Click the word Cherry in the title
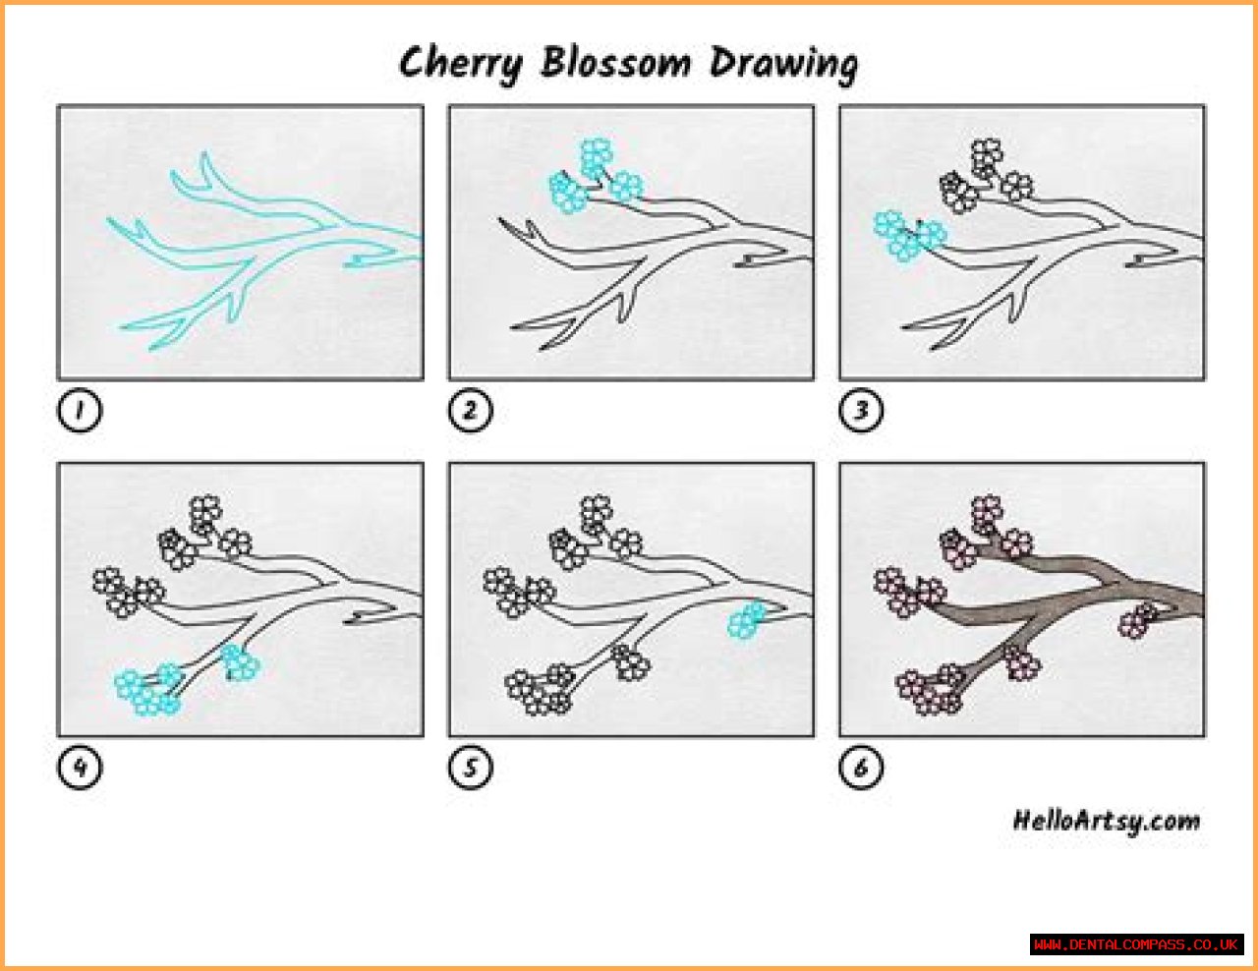click(x=461, y=64)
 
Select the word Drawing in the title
click(x=784, y=65)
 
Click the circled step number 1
click(x=80, y=410)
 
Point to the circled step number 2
click(x=470, y=410)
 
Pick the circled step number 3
click(x=861, y=410)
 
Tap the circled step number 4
click(x=80, y=768)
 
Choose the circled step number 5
click(x=470, y=768)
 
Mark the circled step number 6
click(x=861, y=768)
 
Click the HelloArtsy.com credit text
click(x=1107, y=822)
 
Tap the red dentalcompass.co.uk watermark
click(x=1136, y=945)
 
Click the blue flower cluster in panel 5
click(x=747, y=620)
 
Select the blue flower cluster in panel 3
click(x=909, y=236)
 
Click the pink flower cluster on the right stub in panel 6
click(x=1137, y=620)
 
